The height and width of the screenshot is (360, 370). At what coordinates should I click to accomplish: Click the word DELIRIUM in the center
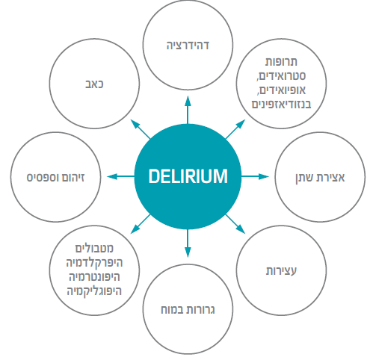pyautogui.click(x=186, y=176)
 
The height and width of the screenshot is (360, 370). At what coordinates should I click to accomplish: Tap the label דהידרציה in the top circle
pyautogui.click(x=187, y=45)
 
